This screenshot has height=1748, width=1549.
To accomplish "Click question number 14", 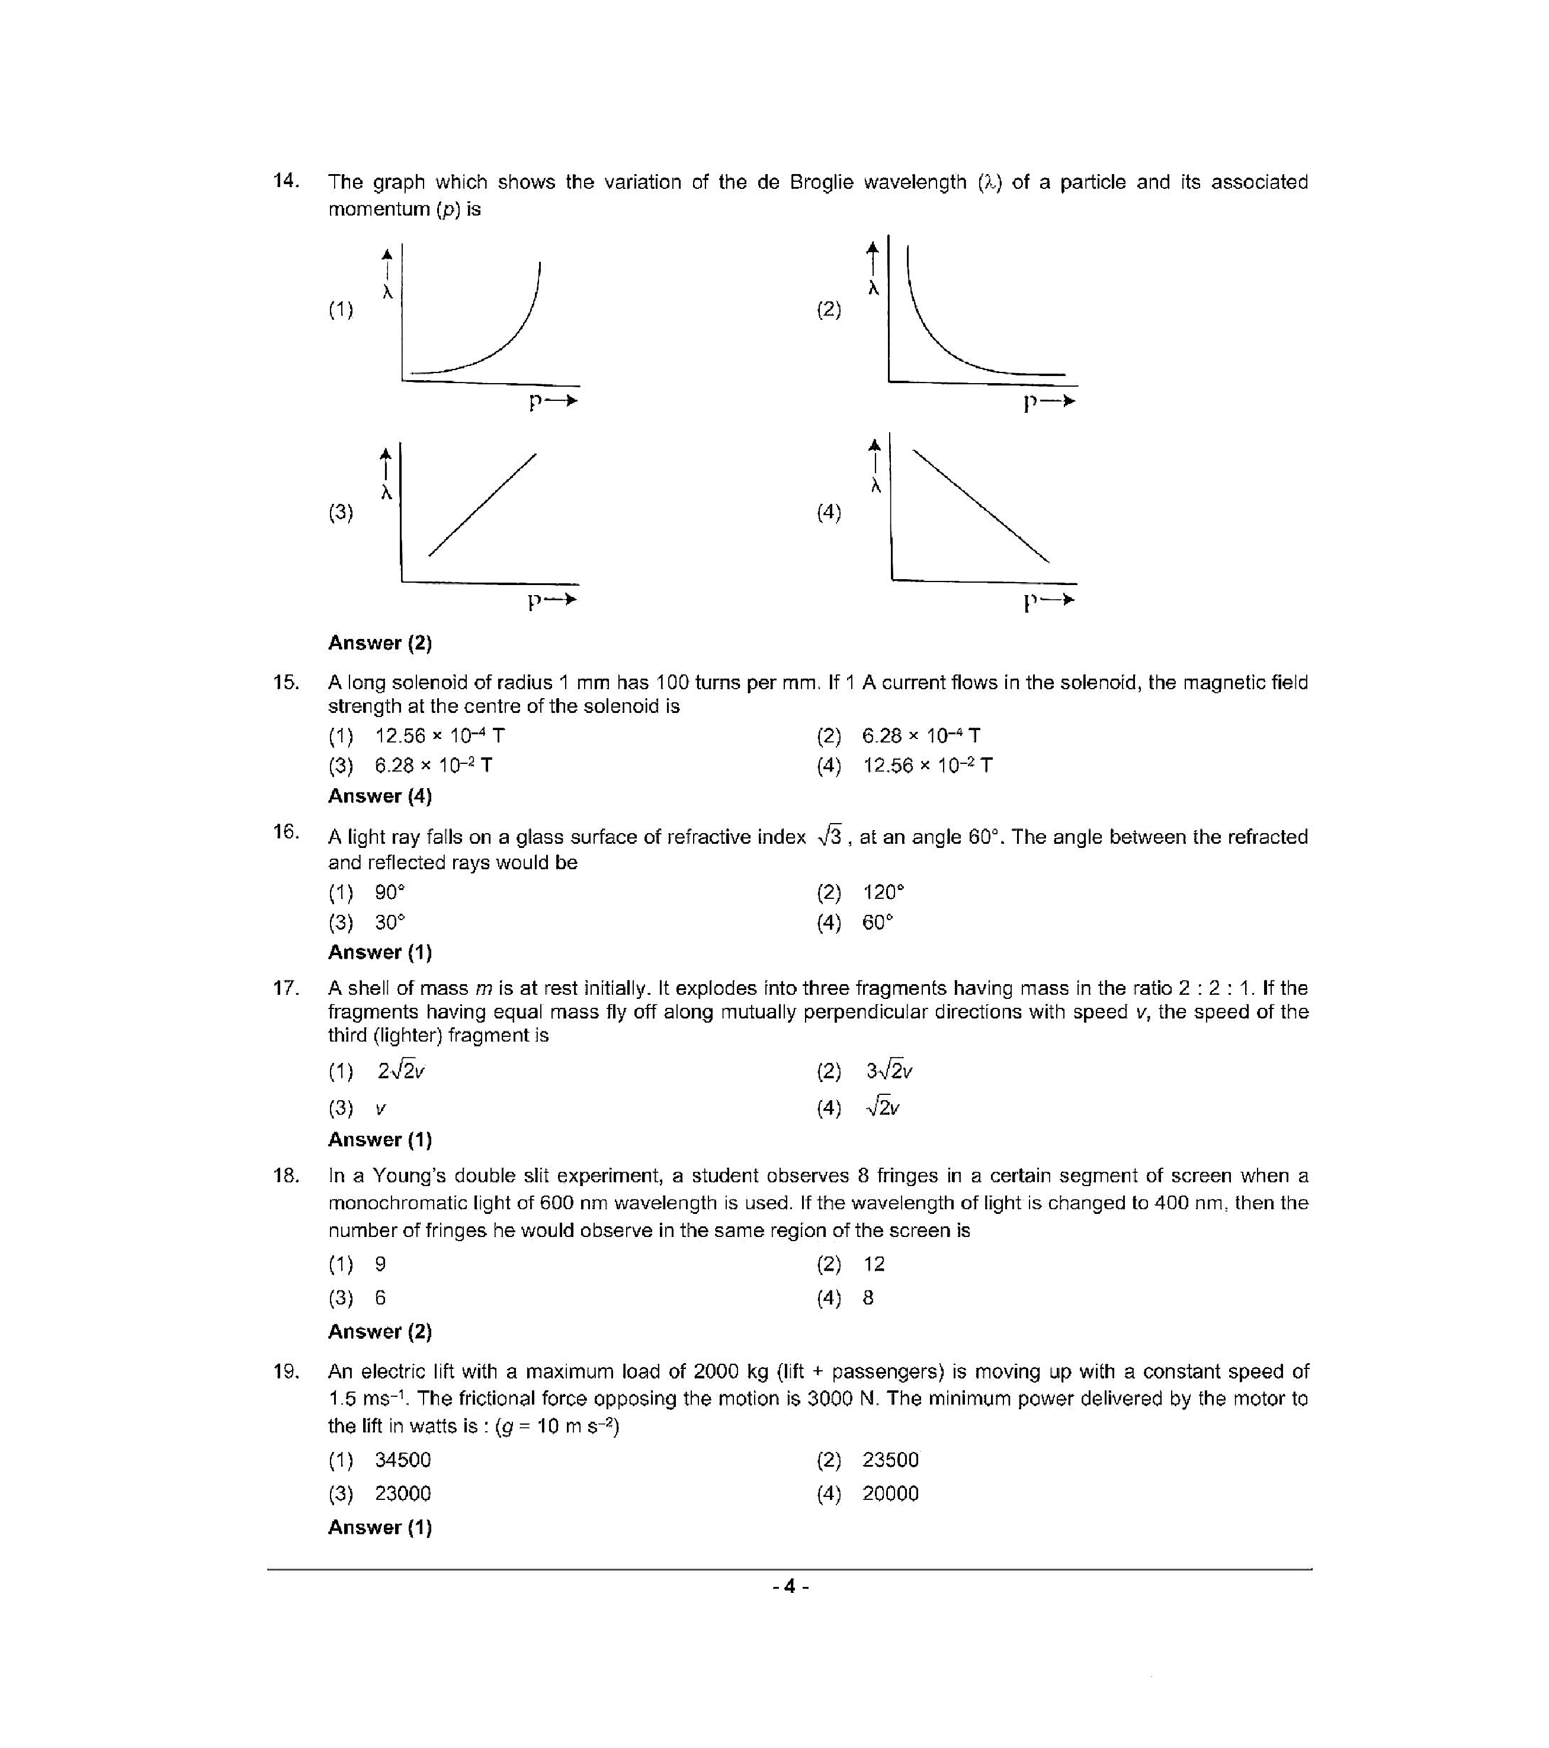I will [286, 181].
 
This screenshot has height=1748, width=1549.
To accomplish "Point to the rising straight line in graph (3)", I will [482, 505].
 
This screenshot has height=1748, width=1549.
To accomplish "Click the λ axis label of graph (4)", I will [875, 486].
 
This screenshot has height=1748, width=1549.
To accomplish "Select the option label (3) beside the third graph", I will [341, 512].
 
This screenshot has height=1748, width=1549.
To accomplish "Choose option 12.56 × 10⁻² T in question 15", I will [927, 766].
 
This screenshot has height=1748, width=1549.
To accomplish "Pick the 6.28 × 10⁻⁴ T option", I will [921, 735].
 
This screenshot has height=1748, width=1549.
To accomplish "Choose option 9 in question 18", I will [381, 1264].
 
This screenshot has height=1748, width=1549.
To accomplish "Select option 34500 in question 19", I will [402, 1460].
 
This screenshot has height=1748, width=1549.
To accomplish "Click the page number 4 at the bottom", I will [790, 1587].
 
